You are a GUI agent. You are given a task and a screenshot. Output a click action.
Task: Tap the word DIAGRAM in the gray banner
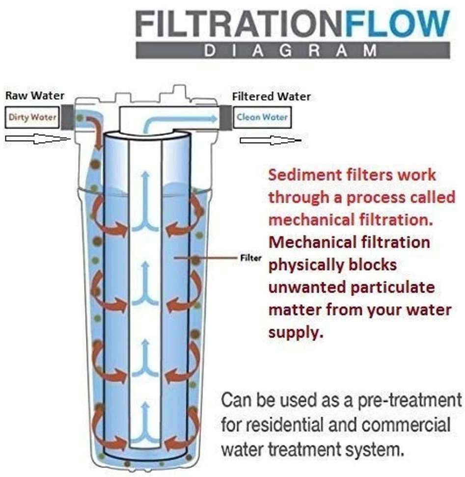coord(292,51)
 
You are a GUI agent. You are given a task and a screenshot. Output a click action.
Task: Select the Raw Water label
coord(35,96)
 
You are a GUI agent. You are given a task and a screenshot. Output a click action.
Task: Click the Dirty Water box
coord(32,117)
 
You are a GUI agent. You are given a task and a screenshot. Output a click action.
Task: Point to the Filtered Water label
coord(271,96)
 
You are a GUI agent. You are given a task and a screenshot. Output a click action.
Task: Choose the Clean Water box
coord(262,117)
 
